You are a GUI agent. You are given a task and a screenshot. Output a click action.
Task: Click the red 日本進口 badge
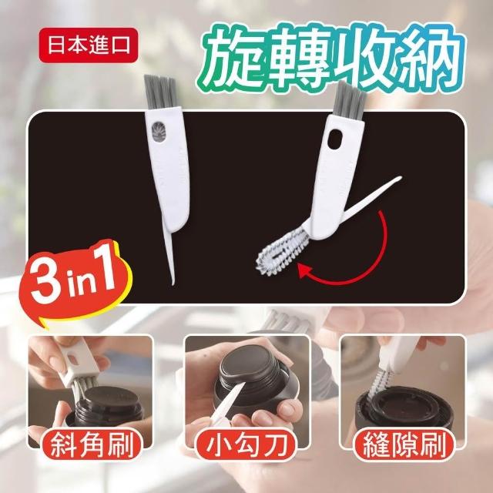[89, 45]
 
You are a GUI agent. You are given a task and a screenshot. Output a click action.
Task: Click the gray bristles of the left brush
[159, 92]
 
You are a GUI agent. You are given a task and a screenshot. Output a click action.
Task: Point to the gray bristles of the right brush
[349, 101]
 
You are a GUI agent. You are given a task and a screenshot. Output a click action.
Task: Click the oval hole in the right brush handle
[334, 139]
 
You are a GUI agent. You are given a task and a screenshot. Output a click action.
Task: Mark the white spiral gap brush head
[280, 253]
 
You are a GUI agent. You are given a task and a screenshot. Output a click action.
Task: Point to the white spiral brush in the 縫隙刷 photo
[380, 381]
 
